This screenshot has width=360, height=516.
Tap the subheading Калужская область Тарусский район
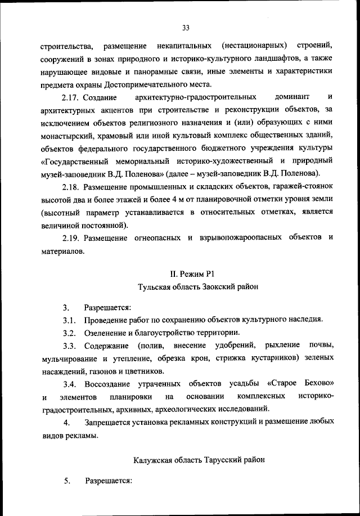click(191, 460)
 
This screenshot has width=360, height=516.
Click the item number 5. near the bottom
click(66, 481)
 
